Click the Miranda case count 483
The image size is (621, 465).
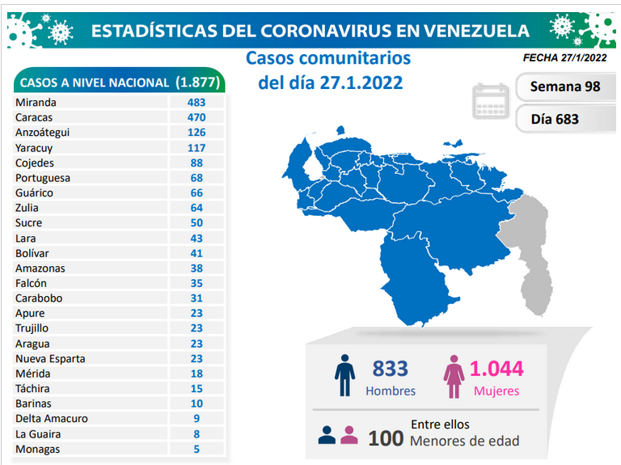click(x=196, y=102)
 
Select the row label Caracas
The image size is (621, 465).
click(x=34, y=117)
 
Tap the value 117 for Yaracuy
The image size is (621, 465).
click(x=196, y=148)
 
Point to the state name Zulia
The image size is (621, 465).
click(x=27, y=208)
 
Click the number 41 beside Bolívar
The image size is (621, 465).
click(x=196, y=253)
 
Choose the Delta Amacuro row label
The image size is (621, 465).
click(x=52, y=418)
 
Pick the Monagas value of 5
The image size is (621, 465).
click(x=196, y=449)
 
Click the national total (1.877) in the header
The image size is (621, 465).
click(x=197, y=82)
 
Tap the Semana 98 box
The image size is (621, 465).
click(x=565, y=87)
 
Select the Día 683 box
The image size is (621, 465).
click(x=565, y=119)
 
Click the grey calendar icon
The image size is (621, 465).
click(x=491, y=101)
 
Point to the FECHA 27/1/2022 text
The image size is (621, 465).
click(x=564, y=58)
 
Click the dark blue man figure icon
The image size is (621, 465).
click(x=344, y=375)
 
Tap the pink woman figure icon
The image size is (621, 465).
click(x=454, y=376)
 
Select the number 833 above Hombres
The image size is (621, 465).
click(x=390, y=368)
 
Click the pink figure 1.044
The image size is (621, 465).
click(x=496, y=368)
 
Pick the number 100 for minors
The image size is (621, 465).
click(x=386, y=438)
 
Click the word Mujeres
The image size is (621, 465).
click(x=496, y=391)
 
